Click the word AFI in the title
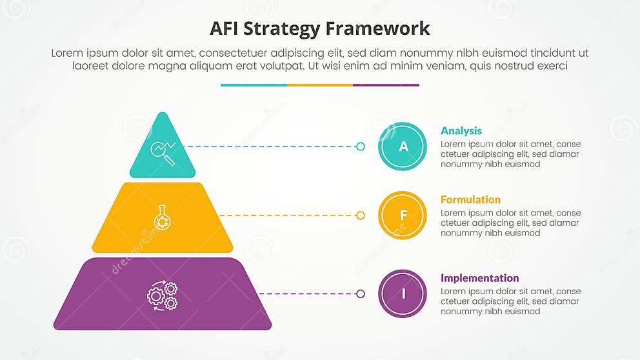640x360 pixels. [x=227, y=29]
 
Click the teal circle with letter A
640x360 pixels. [x=403, y=146]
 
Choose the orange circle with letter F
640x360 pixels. [x=403, y=215]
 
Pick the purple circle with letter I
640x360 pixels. [x=403, y=294]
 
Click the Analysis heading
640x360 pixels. [x=461, y=131]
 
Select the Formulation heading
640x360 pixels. [x=470, y=200]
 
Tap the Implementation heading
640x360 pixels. [x=479, y=278]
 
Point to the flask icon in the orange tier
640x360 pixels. [x=162, y=217]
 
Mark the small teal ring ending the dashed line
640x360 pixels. [x=360, y=146]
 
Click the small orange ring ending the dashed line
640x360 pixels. [x=360, y=215]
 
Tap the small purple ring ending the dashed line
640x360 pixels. [x=360, y=294]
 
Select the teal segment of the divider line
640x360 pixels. [x=254, y=85]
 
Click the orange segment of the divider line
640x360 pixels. [x=320, y=85]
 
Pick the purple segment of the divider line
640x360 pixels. [x=386, y=85]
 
